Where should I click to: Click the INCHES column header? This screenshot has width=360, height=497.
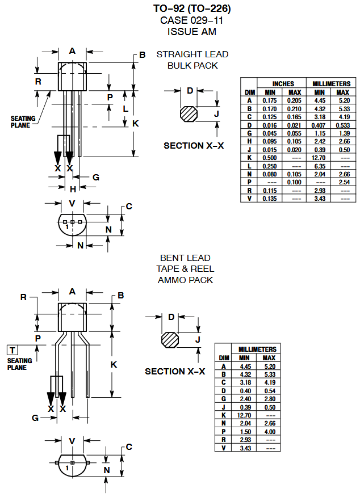click(283, 84)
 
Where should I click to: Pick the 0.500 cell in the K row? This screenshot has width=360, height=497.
click(270, 157)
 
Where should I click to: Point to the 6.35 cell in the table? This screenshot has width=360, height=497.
click(320, 165)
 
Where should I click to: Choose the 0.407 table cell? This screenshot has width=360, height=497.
click(320, 124)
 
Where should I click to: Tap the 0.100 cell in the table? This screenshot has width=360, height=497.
click(295, 182)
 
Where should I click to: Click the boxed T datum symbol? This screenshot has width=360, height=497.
click(12, 350)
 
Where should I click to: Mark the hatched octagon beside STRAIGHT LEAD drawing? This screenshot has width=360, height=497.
click(189, 114)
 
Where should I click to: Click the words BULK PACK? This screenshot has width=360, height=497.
click(192, 66)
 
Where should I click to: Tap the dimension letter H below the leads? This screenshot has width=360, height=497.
click(73, 189)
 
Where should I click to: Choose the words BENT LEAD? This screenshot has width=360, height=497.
click(185, 258)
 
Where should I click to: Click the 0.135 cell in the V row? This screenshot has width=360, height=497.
click(270, 198)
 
